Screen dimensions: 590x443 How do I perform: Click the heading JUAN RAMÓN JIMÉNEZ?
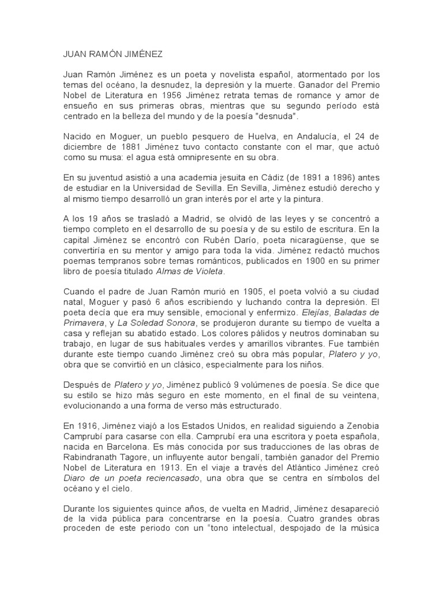click(x=113, y=54)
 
